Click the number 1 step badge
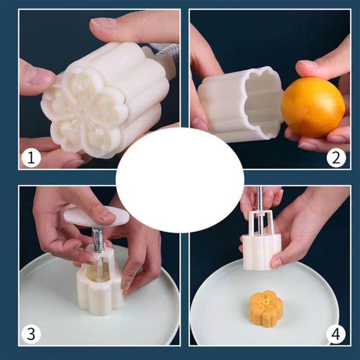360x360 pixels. point(31,158)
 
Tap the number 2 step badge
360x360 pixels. point(336,158)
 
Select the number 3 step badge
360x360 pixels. point(31,333)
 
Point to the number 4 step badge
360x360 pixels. point(336,333)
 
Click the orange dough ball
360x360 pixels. point(313,108)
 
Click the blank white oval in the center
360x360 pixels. point(180,180)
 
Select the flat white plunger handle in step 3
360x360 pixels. point(96,216)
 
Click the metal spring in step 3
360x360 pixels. point(98,240)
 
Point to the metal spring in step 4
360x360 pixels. point(260,198)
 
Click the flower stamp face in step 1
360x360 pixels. point(85,112)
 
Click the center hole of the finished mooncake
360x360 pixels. point(266,300)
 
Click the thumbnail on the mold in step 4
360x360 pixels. point(276,263)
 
